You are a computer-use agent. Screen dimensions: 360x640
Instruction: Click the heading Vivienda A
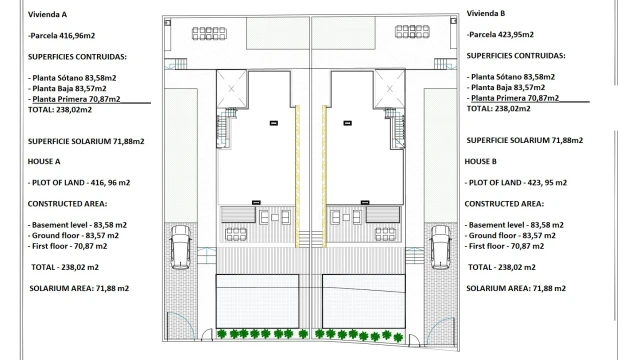[x=48, y=16]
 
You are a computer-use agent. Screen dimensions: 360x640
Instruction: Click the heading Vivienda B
[x=486, y=14]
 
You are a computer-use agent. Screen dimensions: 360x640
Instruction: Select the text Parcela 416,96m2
[x=67, y=36]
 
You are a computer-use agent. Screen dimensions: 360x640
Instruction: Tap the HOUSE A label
[x=45, y=161]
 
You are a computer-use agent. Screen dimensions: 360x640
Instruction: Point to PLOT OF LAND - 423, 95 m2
[x=516, y=182]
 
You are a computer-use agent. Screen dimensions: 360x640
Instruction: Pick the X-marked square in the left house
[x=232, y=89]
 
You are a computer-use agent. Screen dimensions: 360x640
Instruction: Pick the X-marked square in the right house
[x=389, y=89]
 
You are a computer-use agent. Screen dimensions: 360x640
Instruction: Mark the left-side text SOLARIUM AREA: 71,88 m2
[x=79, y=288]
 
